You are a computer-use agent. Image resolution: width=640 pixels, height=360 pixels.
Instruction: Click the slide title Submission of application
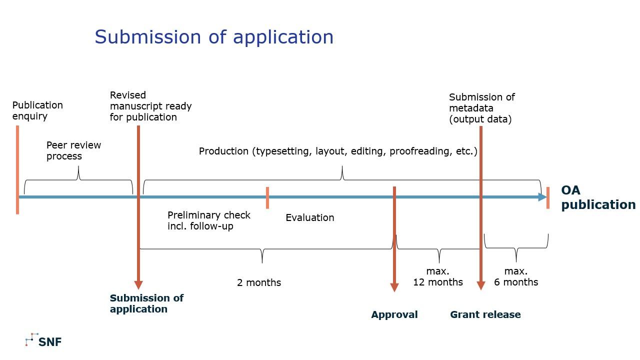(214, 37)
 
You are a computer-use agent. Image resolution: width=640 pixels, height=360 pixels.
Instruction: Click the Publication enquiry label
(37, 110)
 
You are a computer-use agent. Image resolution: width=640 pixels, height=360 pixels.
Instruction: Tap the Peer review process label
(73, 150)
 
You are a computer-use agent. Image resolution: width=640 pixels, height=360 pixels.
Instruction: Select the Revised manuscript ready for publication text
(150, 106)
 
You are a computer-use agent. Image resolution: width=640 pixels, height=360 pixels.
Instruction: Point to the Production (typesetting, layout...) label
(338, 151)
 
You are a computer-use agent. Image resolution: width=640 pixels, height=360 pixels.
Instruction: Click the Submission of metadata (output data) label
(481, 108)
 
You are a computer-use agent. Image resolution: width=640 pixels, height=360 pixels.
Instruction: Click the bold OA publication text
(597, 197)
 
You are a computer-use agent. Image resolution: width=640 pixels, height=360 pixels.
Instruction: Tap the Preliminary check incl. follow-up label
(208, 220)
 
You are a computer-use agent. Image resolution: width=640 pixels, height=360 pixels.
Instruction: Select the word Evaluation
(309, 217)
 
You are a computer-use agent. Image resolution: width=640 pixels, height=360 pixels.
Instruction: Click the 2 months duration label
(259, 282)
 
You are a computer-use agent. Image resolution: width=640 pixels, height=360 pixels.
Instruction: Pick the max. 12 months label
(438, 276)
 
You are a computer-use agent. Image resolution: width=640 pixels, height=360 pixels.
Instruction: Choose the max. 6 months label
(516, 276)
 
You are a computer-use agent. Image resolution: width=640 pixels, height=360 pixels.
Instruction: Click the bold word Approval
(394, 314)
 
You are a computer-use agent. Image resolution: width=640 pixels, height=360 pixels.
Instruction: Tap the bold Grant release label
(485, 314)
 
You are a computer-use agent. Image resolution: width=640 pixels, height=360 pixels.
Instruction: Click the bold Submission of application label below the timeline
(146, 303)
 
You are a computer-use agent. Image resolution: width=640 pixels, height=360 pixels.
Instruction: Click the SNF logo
(43, 341)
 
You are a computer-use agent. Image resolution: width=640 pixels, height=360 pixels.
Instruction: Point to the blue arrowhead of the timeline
(542, 197)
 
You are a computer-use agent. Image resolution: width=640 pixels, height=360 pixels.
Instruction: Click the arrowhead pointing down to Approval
(394, 287)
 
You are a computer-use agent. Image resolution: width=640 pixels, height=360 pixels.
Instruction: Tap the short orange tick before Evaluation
(267, 197)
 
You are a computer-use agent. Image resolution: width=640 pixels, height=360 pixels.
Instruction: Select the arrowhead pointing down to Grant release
(481, 285)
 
